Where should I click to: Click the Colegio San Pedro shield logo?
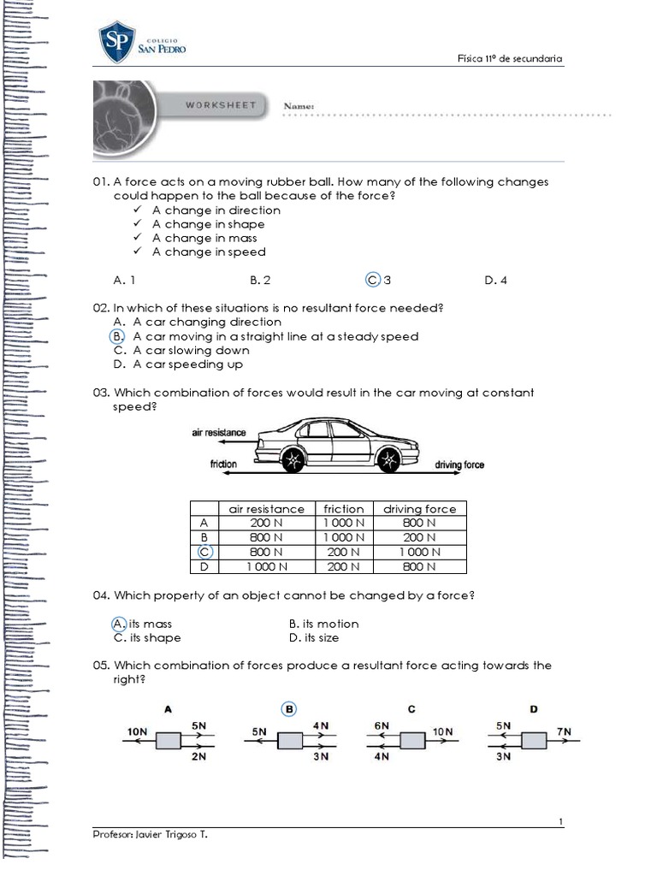116,43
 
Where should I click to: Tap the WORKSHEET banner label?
221,105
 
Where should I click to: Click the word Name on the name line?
299,106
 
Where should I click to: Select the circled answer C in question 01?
372,280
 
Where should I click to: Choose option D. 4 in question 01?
495,280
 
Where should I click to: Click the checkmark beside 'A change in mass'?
138,238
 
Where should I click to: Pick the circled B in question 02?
119,336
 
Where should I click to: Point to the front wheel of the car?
388,460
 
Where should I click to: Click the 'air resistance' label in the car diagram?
218,433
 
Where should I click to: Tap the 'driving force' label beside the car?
459,465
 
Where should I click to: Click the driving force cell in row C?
419,552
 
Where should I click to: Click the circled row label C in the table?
204,552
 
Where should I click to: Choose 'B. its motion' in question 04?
323,624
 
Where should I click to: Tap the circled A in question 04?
119,624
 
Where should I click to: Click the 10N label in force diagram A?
137,732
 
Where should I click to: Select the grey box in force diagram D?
534,739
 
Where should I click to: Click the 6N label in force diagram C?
382,725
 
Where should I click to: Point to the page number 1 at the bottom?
560,822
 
